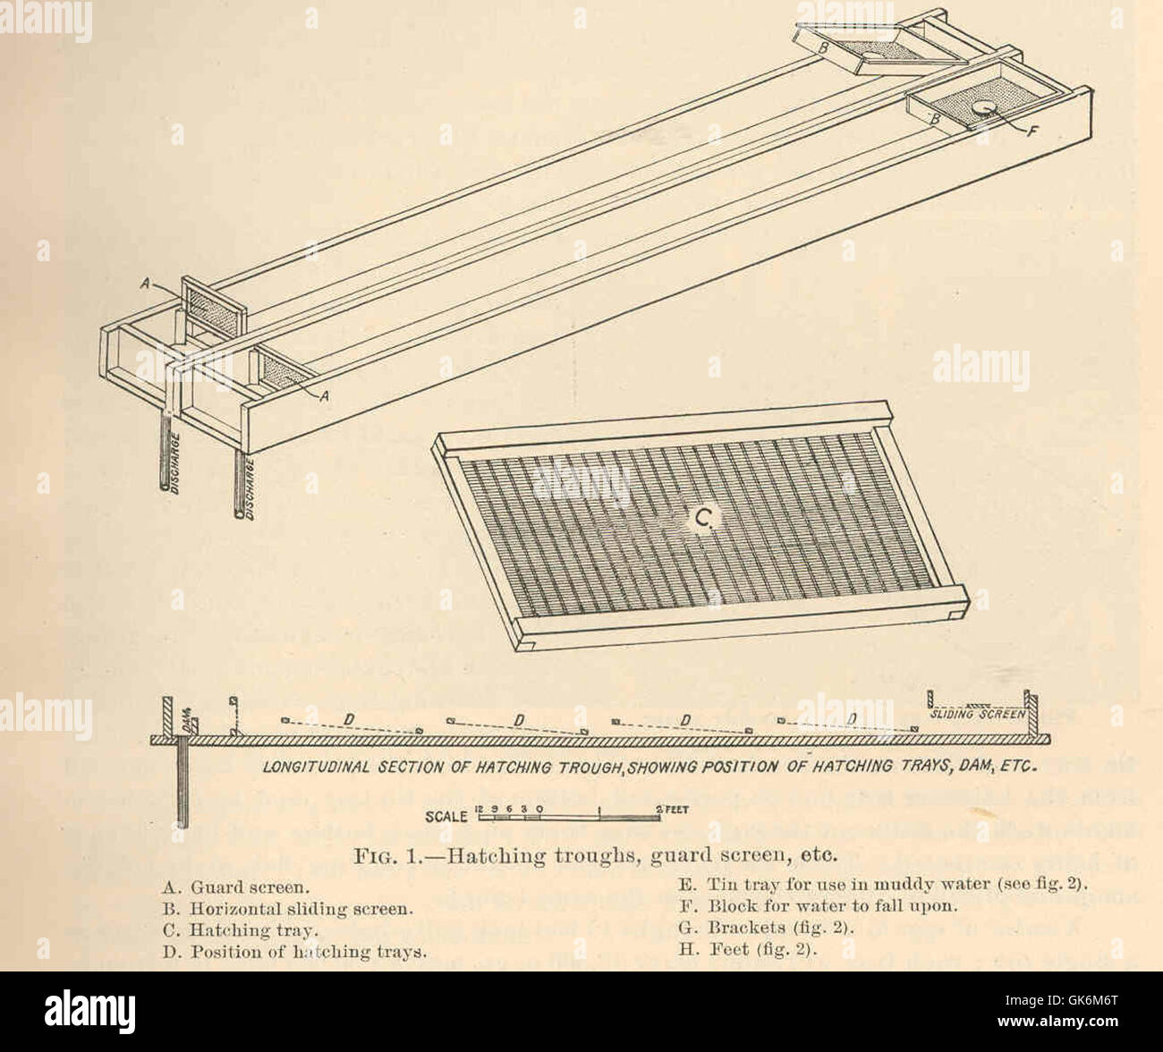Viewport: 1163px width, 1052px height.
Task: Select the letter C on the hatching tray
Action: coord(702,516)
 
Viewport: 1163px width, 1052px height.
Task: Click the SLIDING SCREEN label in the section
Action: coord(976,714)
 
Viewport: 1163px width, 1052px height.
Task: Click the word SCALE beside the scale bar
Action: coord(446,817)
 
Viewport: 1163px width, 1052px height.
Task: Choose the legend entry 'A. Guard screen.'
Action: coord(237,888)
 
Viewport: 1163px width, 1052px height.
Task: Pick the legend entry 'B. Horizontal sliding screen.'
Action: coord(287,909)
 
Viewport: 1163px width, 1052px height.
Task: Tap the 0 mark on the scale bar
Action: coord(540,807)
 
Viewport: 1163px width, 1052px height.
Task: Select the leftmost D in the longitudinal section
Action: coord(350,718)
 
